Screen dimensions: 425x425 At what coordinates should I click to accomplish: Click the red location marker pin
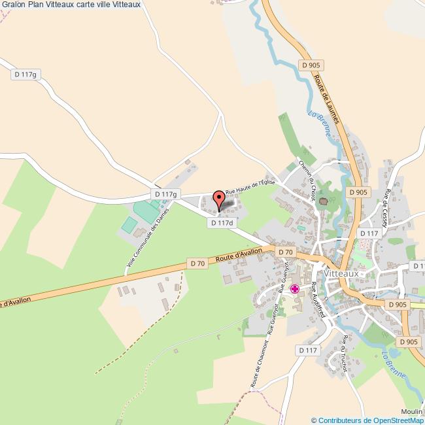[x=218, y=196]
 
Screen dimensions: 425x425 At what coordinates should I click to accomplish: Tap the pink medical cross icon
[x=296, y=288]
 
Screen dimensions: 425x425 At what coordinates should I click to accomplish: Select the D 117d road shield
[x=221, y=223]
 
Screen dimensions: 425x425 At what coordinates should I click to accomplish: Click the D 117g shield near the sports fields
[x=164, y=194]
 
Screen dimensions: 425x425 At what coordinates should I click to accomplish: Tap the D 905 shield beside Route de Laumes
[x=312, y=65]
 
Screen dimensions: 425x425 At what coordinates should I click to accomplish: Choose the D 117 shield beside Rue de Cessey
[x=369, y=233]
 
